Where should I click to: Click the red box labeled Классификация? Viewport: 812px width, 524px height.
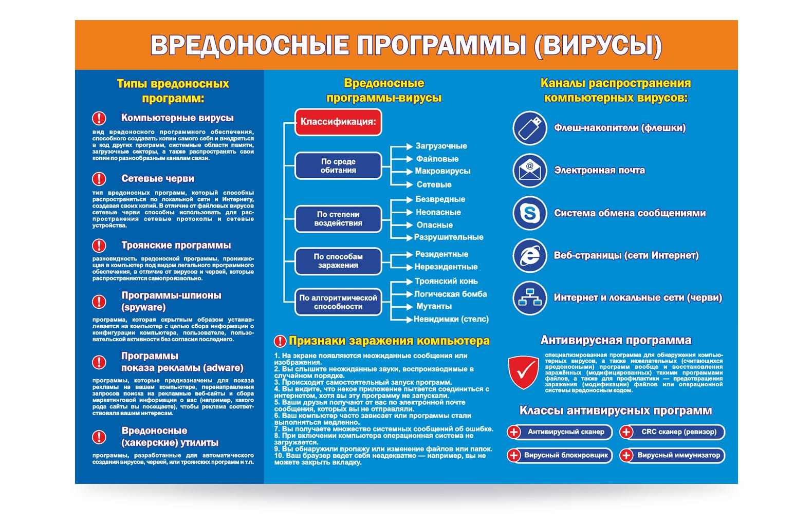[338, 122]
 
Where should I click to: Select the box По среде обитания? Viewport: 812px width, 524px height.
[338, 165]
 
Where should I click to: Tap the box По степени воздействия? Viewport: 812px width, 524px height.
[338, 219]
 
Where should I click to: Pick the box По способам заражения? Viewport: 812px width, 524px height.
[338, 261]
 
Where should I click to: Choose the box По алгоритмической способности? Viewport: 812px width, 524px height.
[338, 302]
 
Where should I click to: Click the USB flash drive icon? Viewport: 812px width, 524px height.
[529, 128]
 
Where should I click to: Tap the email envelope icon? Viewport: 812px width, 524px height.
[529, 171]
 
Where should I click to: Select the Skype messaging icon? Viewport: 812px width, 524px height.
[529, 213]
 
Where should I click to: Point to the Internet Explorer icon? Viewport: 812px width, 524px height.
[529, 255]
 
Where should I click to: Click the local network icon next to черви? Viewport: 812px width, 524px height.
[529, 298]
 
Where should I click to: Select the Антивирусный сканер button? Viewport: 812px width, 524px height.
[560, 432]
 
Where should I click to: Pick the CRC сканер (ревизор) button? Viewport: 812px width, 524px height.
[672, 432]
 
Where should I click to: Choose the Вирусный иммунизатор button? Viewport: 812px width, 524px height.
[672, 455]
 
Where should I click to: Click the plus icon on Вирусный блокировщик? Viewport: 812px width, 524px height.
[514, 455]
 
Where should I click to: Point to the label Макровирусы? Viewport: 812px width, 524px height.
[442, 171]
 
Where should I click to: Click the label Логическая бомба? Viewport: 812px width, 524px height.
[451, 294]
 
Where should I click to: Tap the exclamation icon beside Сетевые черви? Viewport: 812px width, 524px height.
[99, 179]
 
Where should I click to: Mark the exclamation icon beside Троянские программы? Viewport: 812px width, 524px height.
[99, 246]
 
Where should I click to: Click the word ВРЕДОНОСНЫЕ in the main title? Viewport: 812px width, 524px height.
[249, 45]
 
